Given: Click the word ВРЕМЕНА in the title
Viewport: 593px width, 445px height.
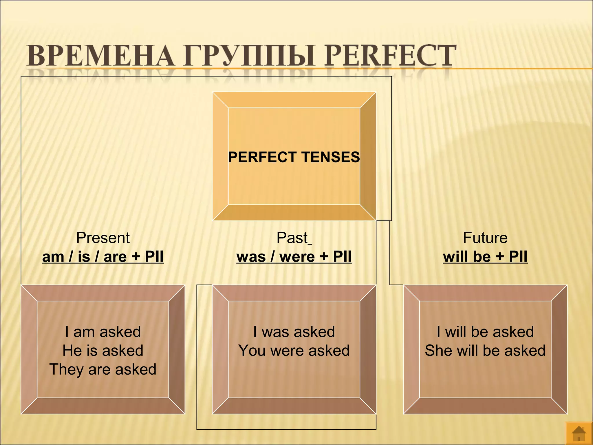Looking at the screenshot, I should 100,56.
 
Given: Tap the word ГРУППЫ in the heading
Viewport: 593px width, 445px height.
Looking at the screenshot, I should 249,56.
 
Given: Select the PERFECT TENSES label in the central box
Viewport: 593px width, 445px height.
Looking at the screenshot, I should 294,157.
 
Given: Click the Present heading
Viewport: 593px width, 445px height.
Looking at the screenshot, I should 103,238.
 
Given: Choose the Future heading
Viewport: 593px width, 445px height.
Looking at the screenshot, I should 485,238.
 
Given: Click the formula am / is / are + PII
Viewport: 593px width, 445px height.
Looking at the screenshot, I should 103,257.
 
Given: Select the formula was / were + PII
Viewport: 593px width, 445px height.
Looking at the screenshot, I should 294,257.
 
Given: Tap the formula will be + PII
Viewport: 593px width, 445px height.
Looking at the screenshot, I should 485,257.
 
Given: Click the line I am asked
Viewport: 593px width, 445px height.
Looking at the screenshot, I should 103,332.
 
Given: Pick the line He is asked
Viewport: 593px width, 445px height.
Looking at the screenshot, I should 103,351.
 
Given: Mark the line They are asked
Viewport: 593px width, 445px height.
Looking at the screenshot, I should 103,369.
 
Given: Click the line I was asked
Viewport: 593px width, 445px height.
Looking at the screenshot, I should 294,332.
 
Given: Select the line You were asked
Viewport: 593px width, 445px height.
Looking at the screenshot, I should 294,351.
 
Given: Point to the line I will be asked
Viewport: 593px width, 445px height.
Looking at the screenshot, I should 485,332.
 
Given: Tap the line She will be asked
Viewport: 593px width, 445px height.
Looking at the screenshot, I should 485,351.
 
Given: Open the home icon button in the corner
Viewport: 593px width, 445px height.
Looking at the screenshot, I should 579,433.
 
